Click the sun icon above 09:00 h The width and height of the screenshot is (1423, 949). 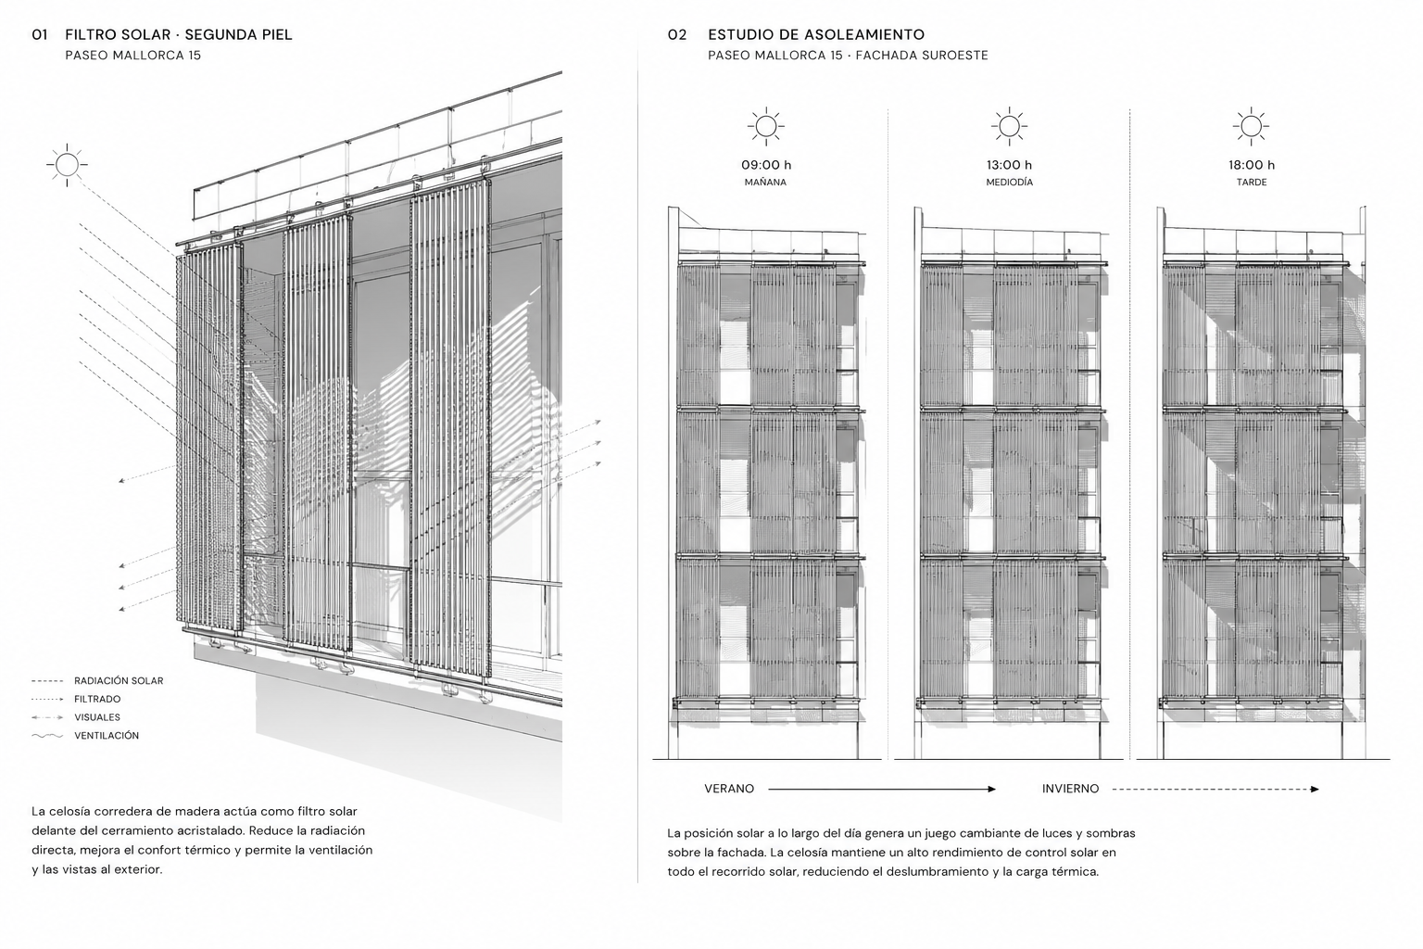tap(765, 126)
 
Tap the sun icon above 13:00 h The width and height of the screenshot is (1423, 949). tap(1009, 126)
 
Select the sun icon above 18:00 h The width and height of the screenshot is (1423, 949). tap(1251, 126)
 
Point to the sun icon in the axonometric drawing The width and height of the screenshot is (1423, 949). tap(67, 165)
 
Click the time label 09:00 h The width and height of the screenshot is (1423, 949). tap(766, 165)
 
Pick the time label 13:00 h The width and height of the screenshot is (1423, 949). tap(1009, 165)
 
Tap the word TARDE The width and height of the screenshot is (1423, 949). tap(1252, 183)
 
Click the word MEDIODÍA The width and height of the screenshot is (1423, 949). tap(1010, 183)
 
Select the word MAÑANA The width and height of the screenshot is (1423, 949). tap(765, 183)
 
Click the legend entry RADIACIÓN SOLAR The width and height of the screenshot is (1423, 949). tap(119, 681)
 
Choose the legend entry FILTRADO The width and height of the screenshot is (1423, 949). tap(97, 699)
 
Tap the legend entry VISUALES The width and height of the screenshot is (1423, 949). tap(97, 717)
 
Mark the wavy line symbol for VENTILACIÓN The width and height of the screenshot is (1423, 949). tap(47, 736)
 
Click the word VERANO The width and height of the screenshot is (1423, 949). tap(729, 789)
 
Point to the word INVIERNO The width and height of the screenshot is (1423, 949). tap(1070, 789)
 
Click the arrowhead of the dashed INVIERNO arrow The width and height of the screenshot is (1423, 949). tap(1315, 789)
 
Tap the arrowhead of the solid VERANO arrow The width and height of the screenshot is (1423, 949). tap(991, 789)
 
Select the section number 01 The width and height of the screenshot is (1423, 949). tap(40, 35)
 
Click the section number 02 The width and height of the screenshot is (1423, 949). tap(677, 35)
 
